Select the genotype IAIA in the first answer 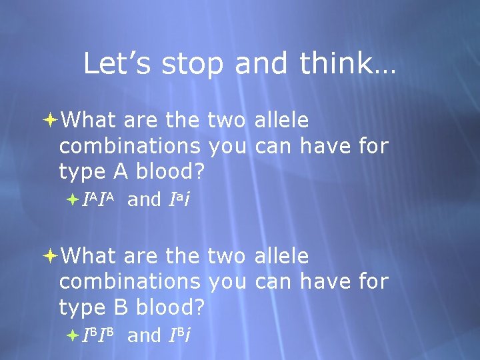click(x=100, y=199)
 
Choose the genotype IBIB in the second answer click(x=100, y=335)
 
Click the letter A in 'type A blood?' click(x=120, y=172)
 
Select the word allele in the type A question click(x=282, y=121)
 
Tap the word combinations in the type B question click(x=130, y=282)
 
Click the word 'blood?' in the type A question click(x=169, y=172)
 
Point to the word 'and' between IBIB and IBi click(x=144, y=335)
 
